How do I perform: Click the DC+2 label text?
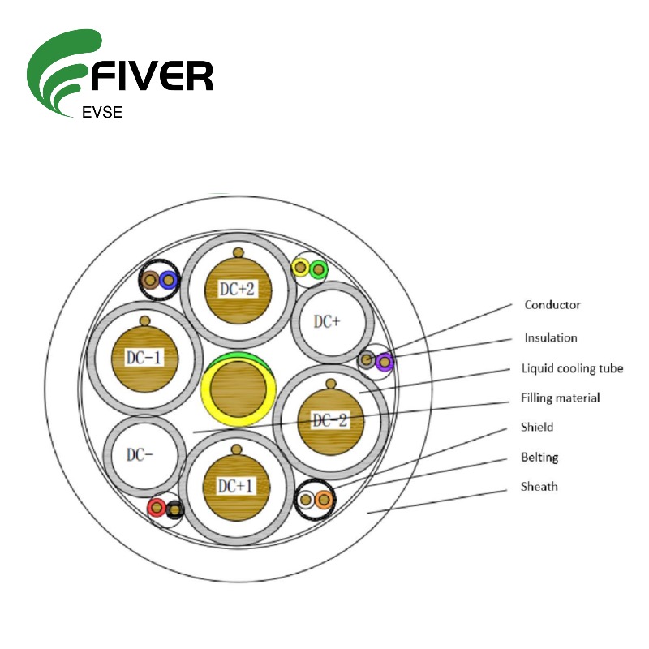pos(237,289)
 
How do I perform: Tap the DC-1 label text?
pos(144,357)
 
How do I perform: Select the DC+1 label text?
pos(236,485)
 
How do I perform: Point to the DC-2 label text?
pos(330,420)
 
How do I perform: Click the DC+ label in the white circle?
pos(326,321)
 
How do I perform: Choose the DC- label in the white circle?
pos(140,454)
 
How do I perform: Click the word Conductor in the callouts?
pos(552,305)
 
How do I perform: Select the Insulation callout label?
pos(551,337)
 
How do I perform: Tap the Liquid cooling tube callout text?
pos(572,368)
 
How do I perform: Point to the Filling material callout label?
pos(560,398)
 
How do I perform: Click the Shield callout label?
pos(536,427)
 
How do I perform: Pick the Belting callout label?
pos(539,458)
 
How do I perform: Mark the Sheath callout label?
pos(539,487)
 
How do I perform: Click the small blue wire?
pos(168,280)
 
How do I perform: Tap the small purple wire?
pos(383,361)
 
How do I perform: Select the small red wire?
pos(157,509)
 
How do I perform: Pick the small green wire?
pos(317,268)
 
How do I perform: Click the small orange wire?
pos(323,500)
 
